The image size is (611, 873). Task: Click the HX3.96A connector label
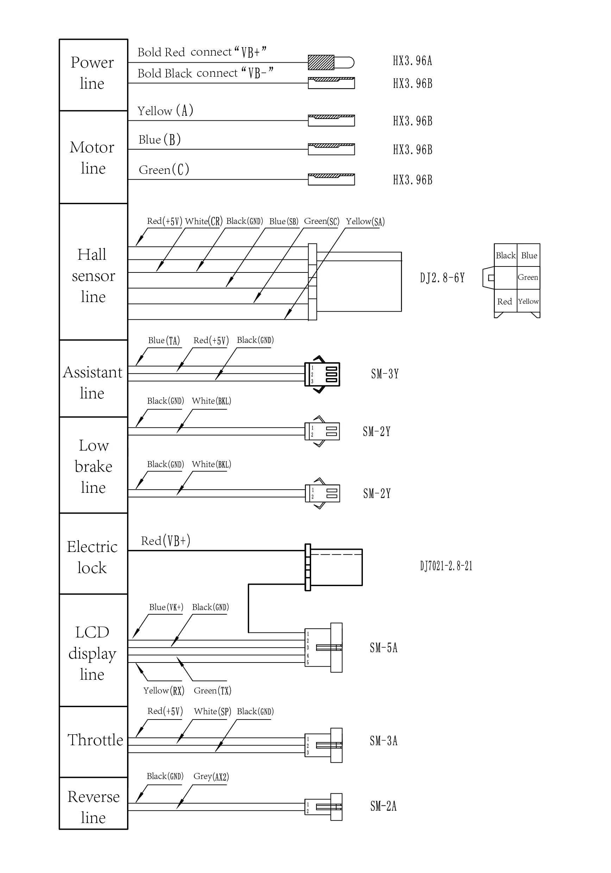[412, 61]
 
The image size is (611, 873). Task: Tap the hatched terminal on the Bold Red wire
[321, 62]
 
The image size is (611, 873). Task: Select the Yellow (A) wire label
[165, 111]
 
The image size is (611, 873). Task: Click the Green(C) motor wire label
[164, 169]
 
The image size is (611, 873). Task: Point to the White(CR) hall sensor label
[204, 221]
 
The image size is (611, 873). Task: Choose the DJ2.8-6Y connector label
[442, 278]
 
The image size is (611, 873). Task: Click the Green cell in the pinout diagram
[528, 277]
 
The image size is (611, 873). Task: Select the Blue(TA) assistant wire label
[164, 340]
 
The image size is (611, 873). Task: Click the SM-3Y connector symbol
[322, 374]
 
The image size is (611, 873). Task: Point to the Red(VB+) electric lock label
[166, 541]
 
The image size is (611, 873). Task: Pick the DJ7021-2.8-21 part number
[446, 566]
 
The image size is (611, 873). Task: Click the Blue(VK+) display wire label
[166, 607]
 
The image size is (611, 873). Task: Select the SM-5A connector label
[384, 647]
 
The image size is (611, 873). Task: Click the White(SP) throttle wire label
[213, 711]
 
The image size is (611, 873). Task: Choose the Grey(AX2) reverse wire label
[211, 777]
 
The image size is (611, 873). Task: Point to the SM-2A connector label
[383, 806]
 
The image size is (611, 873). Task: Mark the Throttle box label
[95, 740]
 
